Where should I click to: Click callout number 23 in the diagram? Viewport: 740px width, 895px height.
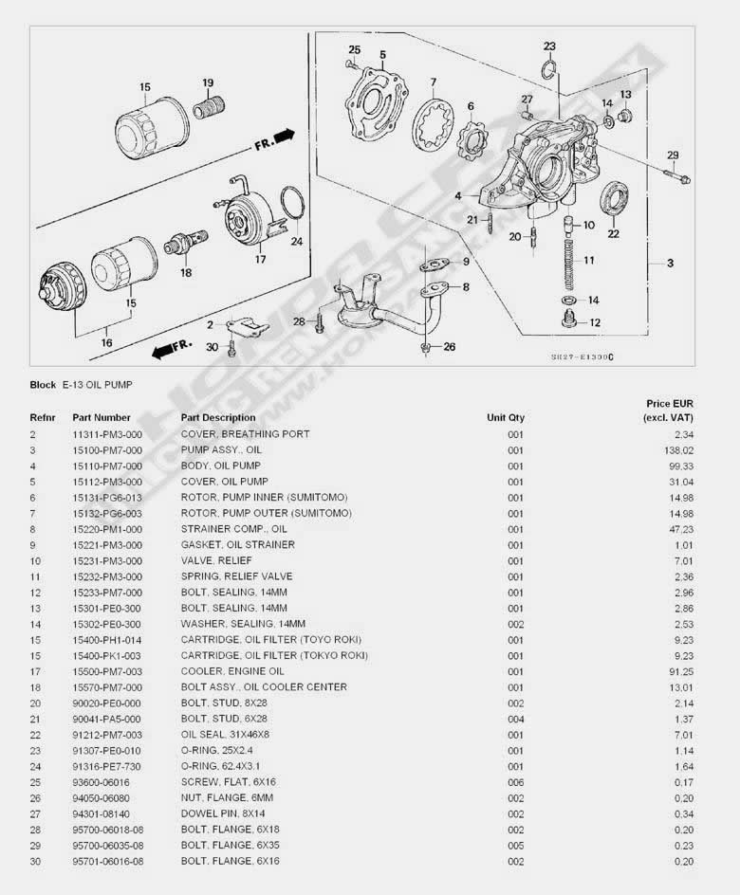549,46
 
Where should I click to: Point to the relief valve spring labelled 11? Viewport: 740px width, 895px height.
568,260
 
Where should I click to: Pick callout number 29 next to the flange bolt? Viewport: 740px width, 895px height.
673,155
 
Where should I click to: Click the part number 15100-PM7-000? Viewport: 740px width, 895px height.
107,449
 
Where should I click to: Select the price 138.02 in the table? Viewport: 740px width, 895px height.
680,449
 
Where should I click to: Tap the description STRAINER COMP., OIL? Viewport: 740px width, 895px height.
233,529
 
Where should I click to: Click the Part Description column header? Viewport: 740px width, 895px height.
218,417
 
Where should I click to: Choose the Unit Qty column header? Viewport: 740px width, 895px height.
506,417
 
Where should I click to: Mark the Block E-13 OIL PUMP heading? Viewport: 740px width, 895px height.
82,385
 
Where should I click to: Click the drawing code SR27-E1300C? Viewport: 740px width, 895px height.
583,357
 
